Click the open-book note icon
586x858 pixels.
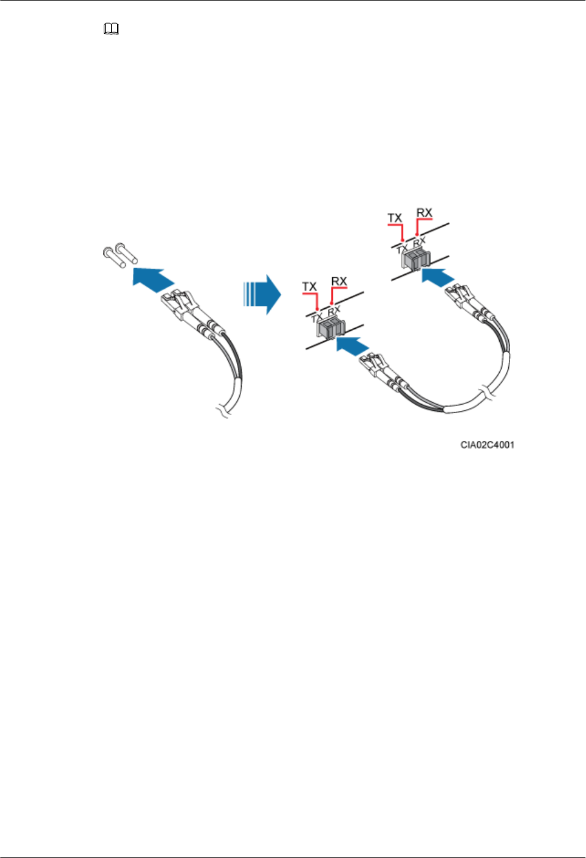pos(111,29)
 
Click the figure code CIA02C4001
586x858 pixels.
pos(487,445)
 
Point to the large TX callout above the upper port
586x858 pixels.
pos(395,218)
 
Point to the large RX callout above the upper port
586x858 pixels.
pos(424,212)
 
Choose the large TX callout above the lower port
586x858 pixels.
pos(309,286)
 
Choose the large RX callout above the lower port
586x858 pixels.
pos(338,281)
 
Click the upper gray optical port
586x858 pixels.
pos(416,260)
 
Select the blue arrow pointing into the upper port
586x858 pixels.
pos(438,277)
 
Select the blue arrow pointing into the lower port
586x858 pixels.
pos(353,346)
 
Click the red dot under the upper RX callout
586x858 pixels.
pos(417,234)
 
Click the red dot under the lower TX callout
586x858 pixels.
pos(317,309)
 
